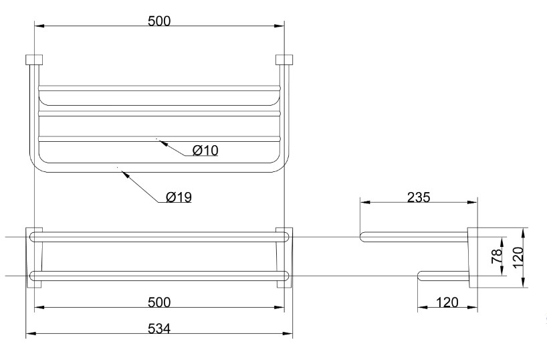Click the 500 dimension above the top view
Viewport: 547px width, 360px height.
coord(159,20)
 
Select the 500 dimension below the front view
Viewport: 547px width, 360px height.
coord(159,302)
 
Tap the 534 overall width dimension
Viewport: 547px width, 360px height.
coord(159,329)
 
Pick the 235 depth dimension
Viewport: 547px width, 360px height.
coord(419,197)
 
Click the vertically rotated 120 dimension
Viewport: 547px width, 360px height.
coord(518,256)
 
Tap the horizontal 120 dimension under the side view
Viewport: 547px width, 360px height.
coord(447,302)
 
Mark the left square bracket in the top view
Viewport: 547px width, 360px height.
coord(34,60)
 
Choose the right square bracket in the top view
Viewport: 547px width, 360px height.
coord(284,60)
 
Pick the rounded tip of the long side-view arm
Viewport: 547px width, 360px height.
coord(363,236)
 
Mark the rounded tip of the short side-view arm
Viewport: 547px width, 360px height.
coord(421,274)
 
